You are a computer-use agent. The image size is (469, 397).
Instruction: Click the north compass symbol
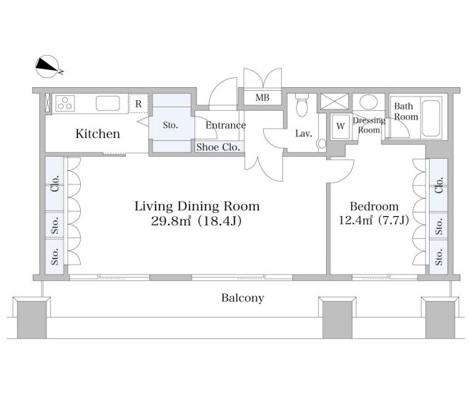point(47,67)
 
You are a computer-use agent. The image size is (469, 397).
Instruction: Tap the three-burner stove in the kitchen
point(65,103)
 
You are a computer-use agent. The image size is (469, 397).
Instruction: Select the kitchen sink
point(108,104)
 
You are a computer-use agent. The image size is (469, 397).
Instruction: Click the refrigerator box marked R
point(139,104)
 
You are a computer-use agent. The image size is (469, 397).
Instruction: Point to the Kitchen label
point(98,134)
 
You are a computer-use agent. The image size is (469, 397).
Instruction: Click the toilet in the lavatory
point(302,104)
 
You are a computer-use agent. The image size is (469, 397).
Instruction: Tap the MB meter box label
point(262,97)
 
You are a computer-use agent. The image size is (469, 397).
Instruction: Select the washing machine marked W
point(340,127)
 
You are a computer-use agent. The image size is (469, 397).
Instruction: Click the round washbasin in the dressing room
point(368,102)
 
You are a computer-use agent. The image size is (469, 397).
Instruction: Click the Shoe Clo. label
point(218,147)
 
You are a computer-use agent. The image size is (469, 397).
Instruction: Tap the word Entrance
point(226,125)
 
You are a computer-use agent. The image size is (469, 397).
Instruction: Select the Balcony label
point(242,298)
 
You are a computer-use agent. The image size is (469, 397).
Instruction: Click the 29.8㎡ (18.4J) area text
point(196,221)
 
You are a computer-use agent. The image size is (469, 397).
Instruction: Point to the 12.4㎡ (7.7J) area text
point(374,220)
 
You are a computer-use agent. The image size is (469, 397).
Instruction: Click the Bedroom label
point(374,207)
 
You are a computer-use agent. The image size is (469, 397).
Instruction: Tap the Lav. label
point(304,134)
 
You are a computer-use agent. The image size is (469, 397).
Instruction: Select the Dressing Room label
point(369,125)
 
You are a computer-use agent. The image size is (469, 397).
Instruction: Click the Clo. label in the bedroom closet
point(439,185)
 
